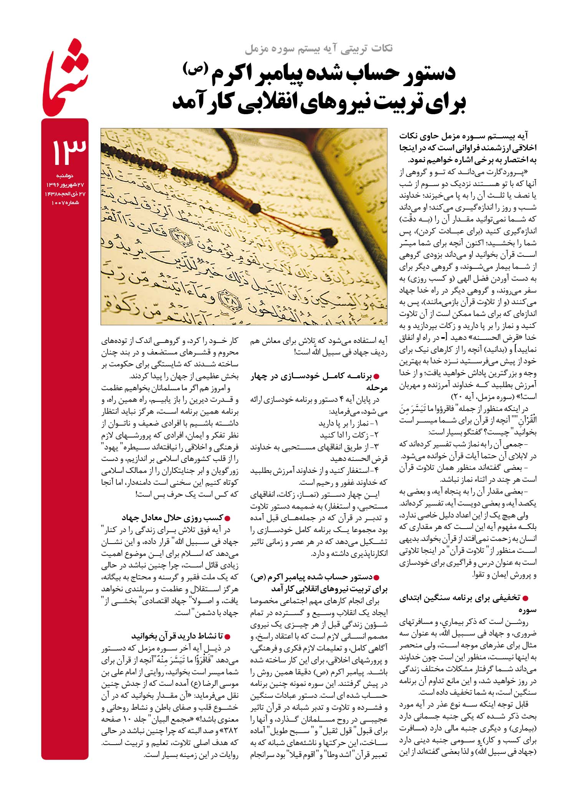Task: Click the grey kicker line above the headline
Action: pos(318,49)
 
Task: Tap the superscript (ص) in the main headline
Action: pos(195,68)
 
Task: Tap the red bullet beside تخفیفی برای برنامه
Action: pos(526,598)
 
